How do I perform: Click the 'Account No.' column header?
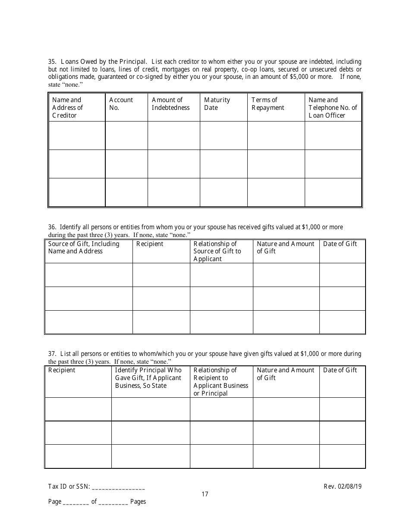pyautogui.click(x=121, y=104)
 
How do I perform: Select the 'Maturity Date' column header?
pyautogui.click(x=217, y=104)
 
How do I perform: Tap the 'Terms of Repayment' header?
pyautogui.click(x=268, y=104)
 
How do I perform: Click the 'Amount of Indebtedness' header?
pyautogui.click(x=170, y=104)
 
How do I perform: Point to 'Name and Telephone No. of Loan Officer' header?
pyautogui.click(x=332, y=108)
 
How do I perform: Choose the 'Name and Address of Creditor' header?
pyautogui.click(x=67, y=108)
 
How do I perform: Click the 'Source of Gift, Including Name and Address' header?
pyautogui.click(x=83, y=247)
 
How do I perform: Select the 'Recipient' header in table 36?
pyautogui.click(x=150, y=244)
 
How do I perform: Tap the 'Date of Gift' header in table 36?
pyautogui.click(x=340, y=244)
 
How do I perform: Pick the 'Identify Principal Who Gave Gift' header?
pyautogui.click(x=148, y=378)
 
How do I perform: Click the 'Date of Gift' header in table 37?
pyautogui.click(x=340, y=370)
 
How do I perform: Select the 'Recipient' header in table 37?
pyautogui.click(x=62, y=370)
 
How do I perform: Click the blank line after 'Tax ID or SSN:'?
pyautogui.click(x=118, y=487)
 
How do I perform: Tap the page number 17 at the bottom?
pyautogui.click(x=205, y=494)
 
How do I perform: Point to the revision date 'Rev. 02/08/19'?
pyautogui.click(x=342, y=486)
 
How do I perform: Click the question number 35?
pyautogui.click(x=52, y=62)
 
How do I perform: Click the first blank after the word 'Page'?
pyautogui.click(x=76, y=502)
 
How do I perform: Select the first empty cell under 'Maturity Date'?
pyautogui.click(x=224, y=135)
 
